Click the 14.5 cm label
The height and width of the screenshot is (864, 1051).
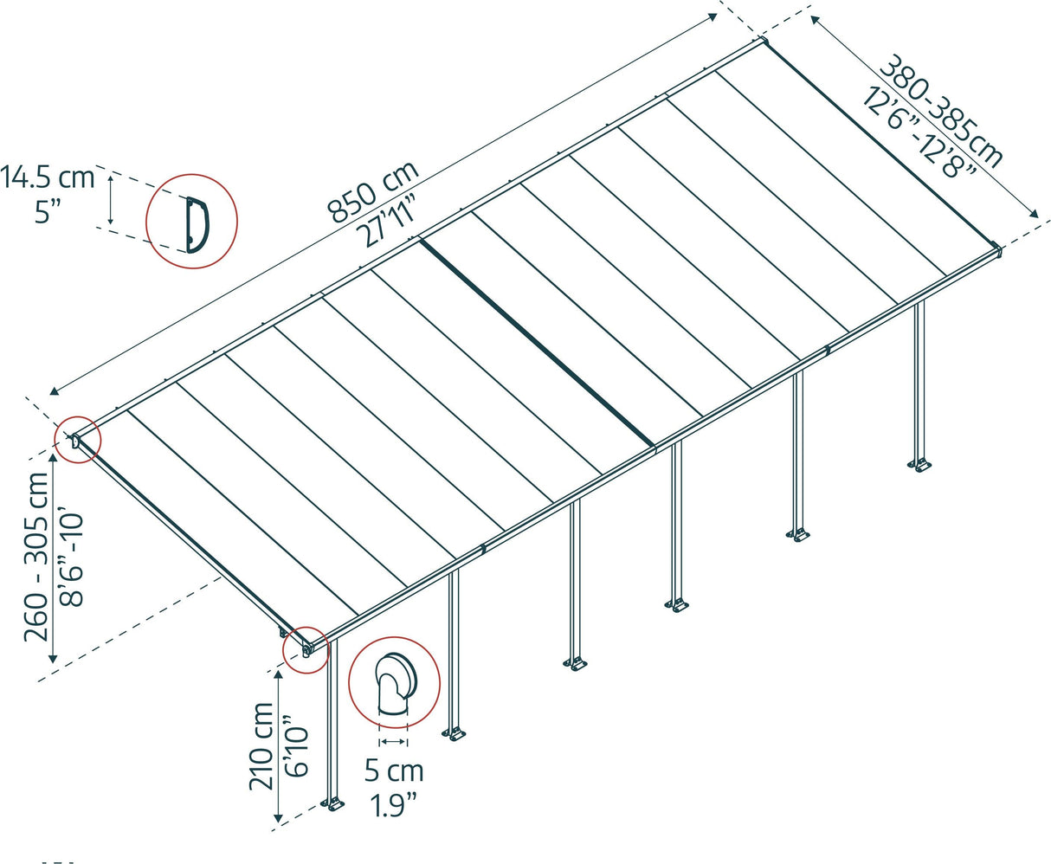coord(48,178)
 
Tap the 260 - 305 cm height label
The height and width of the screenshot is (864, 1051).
coord(37,557)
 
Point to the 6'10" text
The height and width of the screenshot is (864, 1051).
coord(294,746)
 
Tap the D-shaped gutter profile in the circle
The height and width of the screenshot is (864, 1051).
coord(195,223)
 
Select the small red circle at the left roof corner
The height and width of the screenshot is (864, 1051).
coord(78,441)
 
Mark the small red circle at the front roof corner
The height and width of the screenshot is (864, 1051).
coord(306,647)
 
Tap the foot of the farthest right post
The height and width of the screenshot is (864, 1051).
coord(921,465)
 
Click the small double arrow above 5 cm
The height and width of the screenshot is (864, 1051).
coord(393,742)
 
